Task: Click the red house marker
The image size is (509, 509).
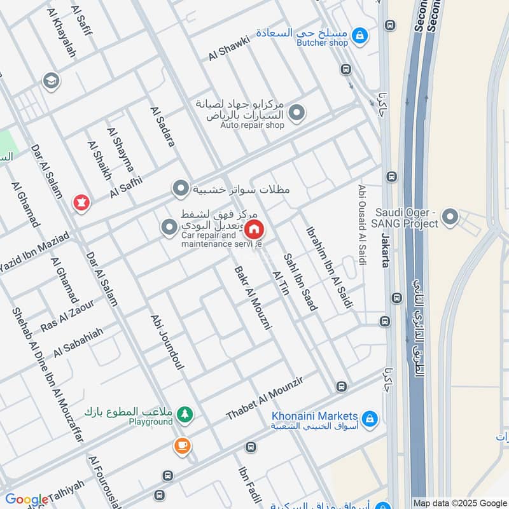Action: [254, 229]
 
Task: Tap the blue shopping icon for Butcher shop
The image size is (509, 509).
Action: [360, 35]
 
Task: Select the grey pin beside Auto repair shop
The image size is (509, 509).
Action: [296, 114]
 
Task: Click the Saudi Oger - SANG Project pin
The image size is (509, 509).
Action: [450, 218]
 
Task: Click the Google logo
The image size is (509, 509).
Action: [26, 499]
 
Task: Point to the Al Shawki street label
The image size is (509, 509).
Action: [230, 47]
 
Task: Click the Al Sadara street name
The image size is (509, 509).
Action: [162, 127]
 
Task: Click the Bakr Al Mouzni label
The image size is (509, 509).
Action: [253, 296]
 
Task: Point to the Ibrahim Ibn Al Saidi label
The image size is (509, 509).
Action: [329, 268]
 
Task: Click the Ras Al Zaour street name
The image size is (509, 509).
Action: [67, 315]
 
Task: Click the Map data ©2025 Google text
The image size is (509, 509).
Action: [459, 502]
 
